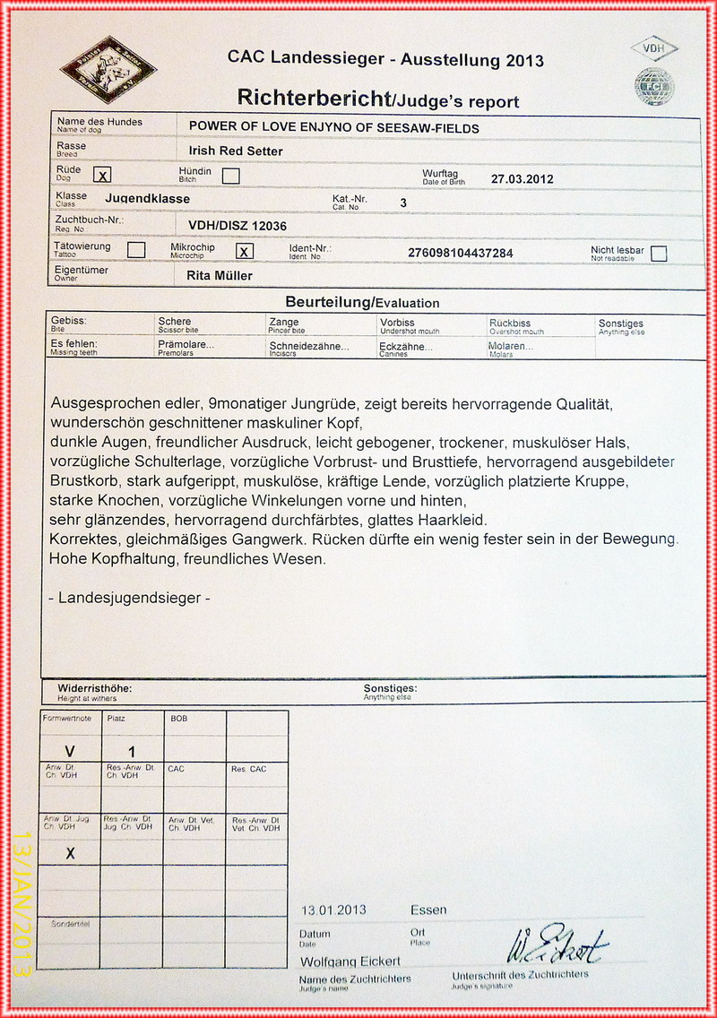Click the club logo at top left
tap(108, 68)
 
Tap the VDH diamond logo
tap(654, 48)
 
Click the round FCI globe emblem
tap(654, 86)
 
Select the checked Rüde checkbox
tap(104, 176)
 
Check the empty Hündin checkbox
tap(230, 176)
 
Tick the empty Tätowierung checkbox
tap(136, 250)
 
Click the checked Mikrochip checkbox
tap(245, 251)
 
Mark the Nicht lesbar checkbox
tap(659, 253)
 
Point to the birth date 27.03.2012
tap(523, 178)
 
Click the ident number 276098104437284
tap(461, 253)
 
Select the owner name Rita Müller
tap(220, 275)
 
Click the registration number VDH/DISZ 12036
tap(238, 226)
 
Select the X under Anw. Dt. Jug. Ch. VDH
tap(70, 853)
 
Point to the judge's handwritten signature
tap(557, 943)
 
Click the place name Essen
tap(428, 910)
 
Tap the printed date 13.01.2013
tap(334, 910)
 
